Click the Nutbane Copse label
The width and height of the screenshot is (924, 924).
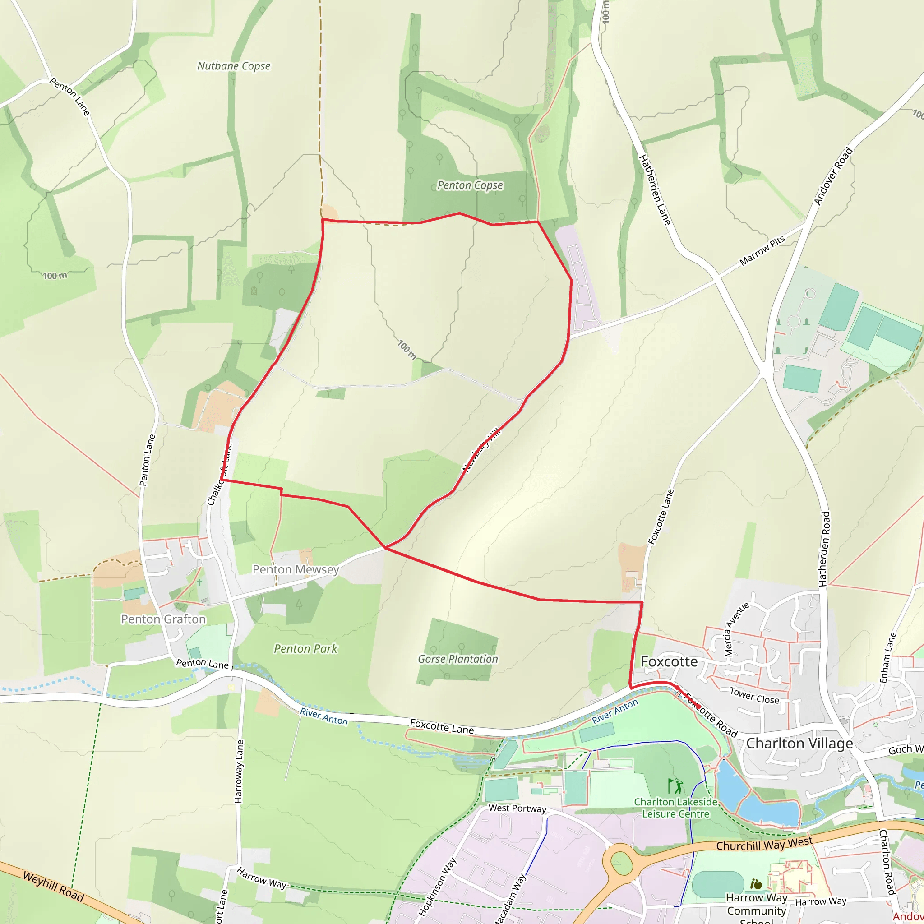(x=234, y=66)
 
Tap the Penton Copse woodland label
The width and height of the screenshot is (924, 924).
(x=470, y=185)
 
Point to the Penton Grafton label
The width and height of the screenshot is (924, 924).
(x=163, y=619)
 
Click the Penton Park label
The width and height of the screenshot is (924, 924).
(x=305, y=648)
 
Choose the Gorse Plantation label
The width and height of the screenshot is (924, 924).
(x=457, y=659)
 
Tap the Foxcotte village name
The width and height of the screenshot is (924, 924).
(x=669, y=661)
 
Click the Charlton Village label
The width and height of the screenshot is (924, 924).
(x=799, y=743)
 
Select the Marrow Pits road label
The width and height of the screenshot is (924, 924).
(x=762, y=250)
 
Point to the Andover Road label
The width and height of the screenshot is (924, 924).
(x=833, y=176)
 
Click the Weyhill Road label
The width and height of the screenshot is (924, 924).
(x=54, y=887)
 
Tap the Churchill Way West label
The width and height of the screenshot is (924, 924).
(x=764, y=844)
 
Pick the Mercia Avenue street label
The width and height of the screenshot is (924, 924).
(x=736, y=629)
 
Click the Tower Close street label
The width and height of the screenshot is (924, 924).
(x=754, y=695)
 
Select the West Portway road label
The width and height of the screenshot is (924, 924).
(x=517, y=808)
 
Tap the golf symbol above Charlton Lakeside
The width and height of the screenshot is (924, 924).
(x=675, y=786)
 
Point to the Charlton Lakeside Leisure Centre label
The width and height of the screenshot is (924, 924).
(x=675, y=808)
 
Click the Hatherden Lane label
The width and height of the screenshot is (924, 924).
(x=655, y=190)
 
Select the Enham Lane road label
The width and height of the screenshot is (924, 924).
(x=887, y=658)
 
